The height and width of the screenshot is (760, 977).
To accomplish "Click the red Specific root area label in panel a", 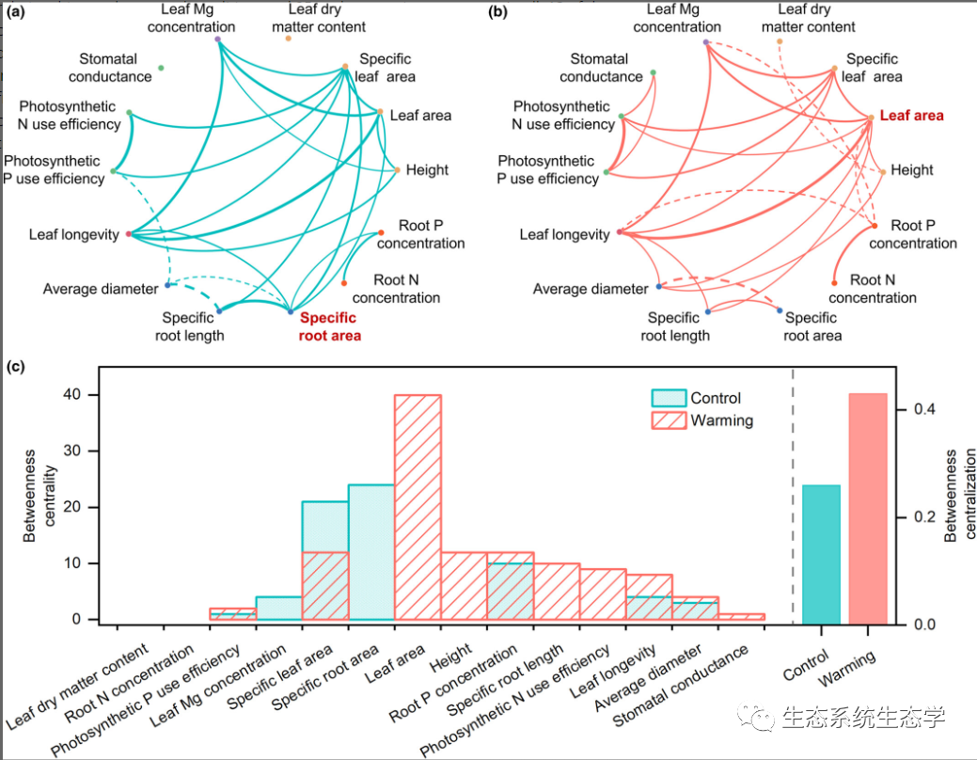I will pos(329,326).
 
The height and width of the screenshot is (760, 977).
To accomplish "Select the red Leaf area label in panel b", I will pos(911,116).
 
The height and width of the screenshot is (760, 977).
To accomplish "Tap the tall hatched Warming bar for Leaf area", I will pos(418,508).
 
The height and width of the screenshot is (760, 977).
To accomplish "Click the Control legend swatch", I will pos(670,398).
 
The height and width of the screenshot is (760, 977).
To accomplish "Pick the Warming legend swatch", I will pos(670,420).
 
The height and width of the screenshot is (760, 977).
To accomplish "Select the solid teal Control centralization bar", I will pos(821,554).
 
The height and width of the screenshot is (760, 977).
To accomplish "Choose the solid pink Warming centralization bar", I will pos(868,509).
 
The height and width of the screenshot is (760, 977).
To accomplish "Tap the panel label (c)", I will pos(16,368).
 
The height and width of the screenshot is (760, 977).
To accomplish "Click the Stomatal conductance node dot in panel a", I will pos(162,68).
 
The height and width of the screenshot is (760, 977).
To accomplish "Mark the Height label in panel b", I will pos(912,170).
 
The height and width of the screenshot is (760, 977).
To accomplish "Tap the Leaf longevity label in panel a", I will pos(73,234).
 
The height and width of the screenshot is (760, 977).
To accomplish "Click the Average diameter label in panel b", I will pos(591,289).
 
